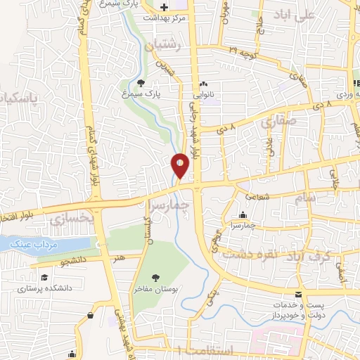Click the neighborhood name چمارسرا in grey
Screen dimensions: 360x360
[x=191, y=205]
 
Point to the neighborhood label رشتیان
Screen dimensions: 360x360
[x=163, y=46]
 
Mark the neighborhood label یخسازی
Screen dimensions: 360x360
[x=72, y=219]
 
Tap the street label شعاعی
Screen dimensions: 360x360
[x=257, y=198]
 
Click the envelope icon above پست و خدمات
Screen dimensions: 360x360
[x=300, y=294]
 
